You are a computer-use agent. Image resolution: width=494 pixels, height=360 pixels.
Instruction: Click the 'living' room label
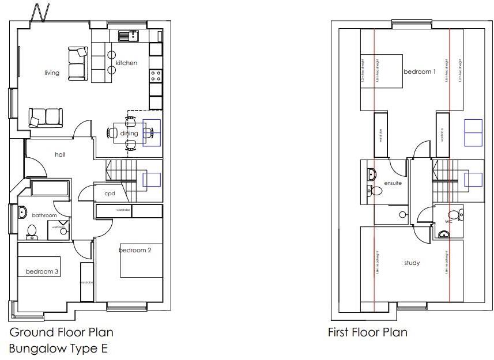coord(52,73)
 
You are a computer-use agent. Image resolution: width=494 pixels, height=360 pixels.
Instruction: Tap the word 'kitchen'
coord(126,63)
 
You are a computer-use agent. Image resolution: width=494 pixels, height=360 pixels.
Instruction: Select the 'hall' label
coord(61,154)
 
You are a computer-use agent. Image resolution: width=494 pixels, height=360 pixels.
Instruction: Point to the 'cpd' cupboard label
coord(110,194)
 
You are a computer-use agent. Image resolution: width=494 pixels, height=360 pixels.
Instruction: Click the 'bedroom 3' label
coord(42,271)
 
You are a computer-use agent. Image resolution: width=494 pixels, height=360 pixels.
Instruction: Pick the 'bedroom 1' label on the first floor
coord(420,72)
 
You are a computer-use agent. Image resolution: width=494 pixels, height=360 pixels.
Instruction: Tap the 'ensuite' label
coord(393,183)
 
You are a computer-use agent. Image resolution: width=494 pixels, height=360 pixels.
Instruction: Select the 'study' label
coord(412,263)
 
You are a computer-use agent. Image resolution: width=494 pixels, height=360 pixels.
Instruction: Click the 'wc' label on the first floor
coord(448,222)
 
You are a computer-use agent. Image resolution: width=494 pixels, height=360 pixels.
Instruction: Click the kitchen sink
coord(127,36)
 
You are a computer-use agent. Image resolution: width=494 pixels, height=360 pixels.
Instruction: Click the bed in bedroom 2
coord(141,260)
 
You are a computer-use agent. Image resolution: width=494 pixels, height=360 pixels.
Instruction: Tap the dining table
coord(130,133)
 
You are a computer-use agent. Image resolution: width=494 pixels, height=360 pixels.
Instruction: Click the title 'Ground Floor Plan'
coord(61,332)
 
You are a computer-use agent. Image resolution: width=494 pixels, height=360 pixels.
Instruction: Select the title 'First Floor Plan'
coord(367,332)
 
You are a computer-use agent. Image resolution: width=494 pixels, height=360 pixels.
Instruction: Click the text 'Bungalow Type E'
coord(58,348)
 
